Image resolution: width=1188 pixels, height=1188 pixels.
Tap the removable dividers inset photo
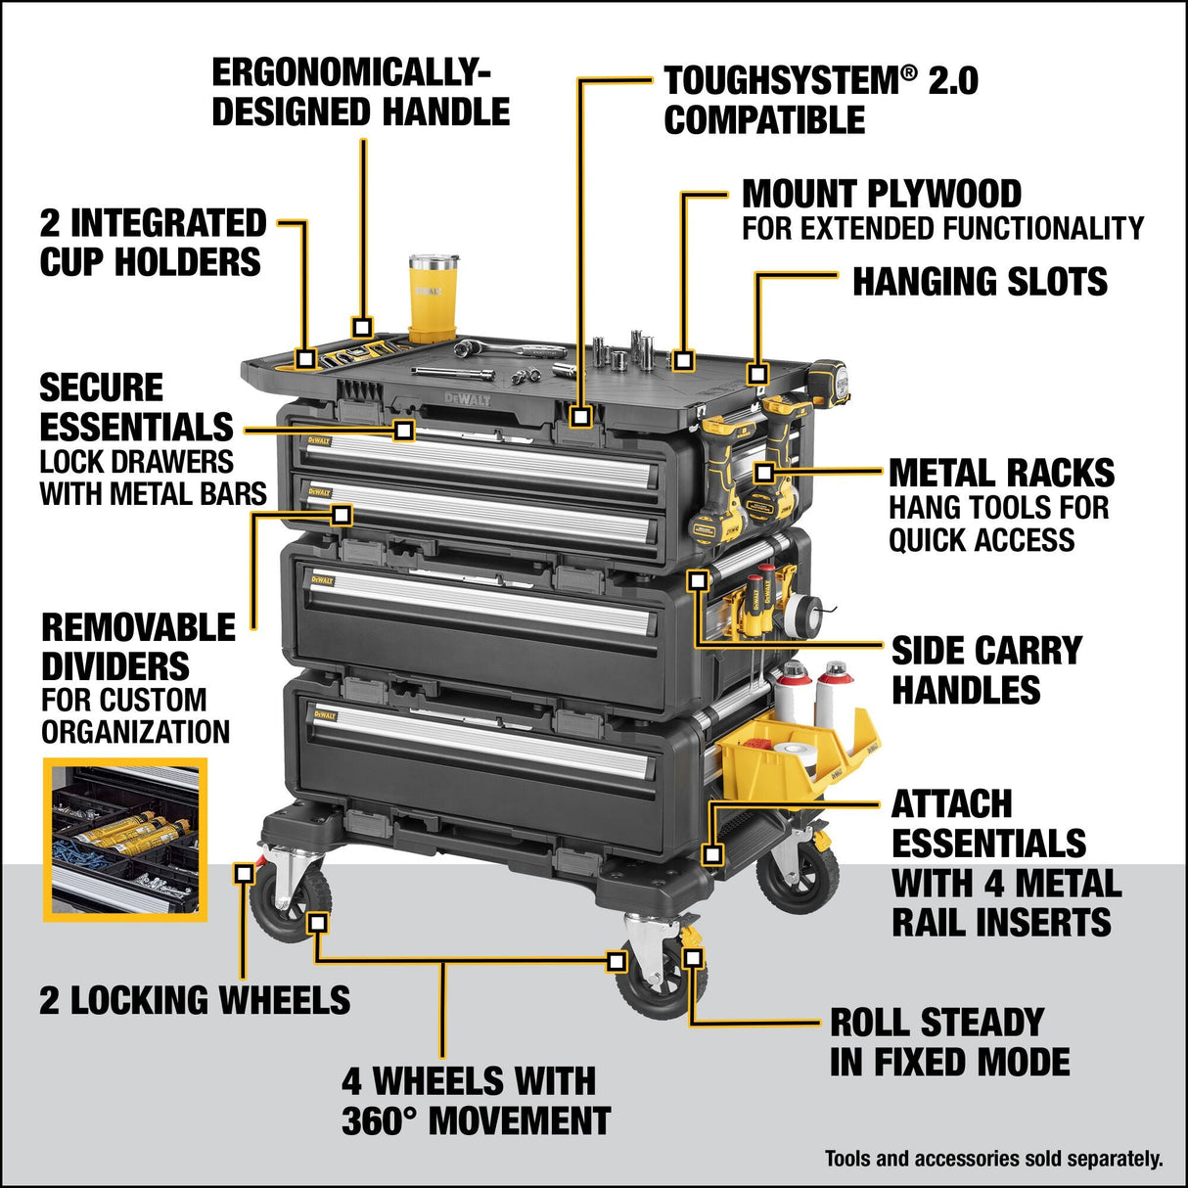click(125, 839)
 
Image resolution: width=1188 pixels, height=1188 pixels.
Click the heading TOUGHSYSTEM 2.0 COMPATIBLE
click(820, 100)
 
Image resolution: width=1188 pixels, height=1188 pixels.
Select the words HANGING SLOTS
click(980, 282)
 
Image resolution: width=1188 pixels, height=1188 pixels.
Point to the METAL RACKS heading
click(1001, 474)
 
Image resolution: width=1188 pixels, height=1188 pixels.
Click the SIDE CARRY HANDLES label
click(985, 670)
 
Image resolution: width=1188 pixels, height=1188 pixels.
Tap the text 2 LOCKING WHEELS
click(195, 1000)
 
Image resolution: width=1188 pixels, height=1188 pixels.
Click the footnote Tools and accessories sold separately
click(993, 1159)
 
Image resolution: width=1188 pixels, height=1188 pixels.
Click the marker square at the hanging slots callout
click(757, 373)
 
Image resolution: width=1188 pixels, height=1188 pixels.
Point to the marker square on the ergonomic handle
click(363, 327)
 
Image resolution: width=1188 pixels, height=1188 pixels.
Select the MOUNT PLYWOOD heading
click(881, 194)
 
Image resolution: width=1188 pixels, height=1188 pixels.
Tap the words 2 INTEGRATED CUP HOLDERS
click(152, 243)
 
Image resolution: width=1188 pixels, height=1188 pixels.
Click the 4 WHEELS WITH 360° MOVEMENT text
click(476, 1101)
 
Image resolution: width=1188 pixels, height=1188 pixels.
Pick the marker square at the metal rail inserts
click(713, 854)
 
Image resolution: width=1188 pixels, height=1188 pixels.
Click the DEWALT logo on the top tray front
click(468, 398)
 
